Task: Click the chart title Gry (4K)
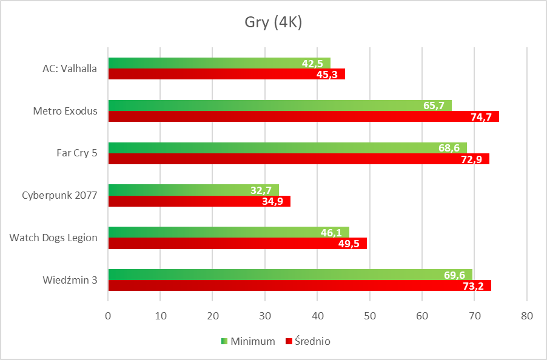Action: pyautogui.click(x=273, y=24)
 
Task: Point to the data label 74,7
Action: pyautogui.click(x=481, y=117)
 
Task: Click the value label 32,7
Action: pyautogui.click(x=261, y=190)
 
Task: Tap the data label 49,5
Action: pyautogui.click(x=349, y=244)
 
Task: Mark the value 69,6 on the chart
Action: pyautogui.click(x=454, y=275)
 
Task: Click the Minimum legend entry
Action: pyautogui.click(x=248, y=341)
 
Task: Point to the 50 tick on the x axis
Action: pyautogui.click(x=370, y=316)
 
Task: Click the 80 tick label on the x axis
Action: pyautogui.click(x=527, y=316)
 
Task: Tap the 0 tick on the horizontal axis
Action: pyautogui.click(x=108, y=316)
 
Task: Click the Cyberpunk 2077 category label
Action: pyautogui.click(x=59, y=196)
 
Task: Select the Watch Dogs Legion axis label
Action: pyautogui.click(x=53, y=238)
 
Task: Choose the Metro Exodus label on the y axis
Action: pyautogui.click(x=65, y=111)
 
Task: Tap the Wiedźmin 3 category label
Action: pyautogui.click(x=70, y=280)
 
